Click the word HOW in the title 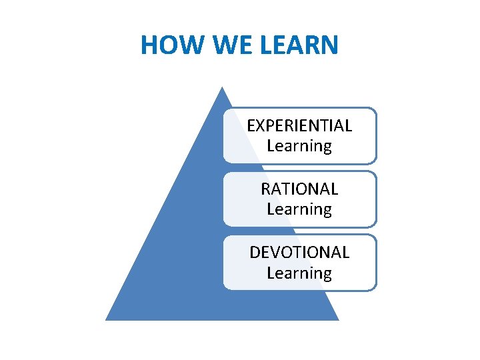pyautogui.click(x=163, y=45)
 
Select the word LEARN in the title pyautogui.click(x=294, y=45)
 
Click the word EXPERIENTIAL pyautogui.click(x=299, y=125)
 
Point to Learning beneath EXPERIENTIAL pyautogui.click(x=299, y=145)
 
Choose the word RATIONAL pyautogui.click(x=299, y=189)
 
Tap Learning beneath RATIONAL pyautogui.click(x=299, y=209)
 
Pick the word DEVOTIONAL pyautogui.click(x=299, y=252)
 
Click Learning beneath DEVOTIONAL pyautogui.click(x=299, y=273)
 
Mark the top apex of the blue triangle pyautogui.click(x=223, y=87)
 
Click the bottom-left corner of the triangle pyautogui.click(x=106, y=320)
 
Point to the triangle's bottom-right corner pyautogui.click(x=339, y=320)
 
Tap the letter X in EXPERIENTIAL pyautogui.click(x=260, y=125)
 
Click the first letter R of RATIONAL pyautogui.click(x=266, y=189)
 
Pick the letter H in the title pyautogui.click(x=149, y=45)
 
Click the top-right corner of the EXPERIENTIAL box pyautogui.click(x=375, y=110)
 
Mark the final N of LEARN pyautogui.click(x=329, y=45)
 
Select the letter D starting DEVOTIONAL pyautogui.click(x=255, y=252)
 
